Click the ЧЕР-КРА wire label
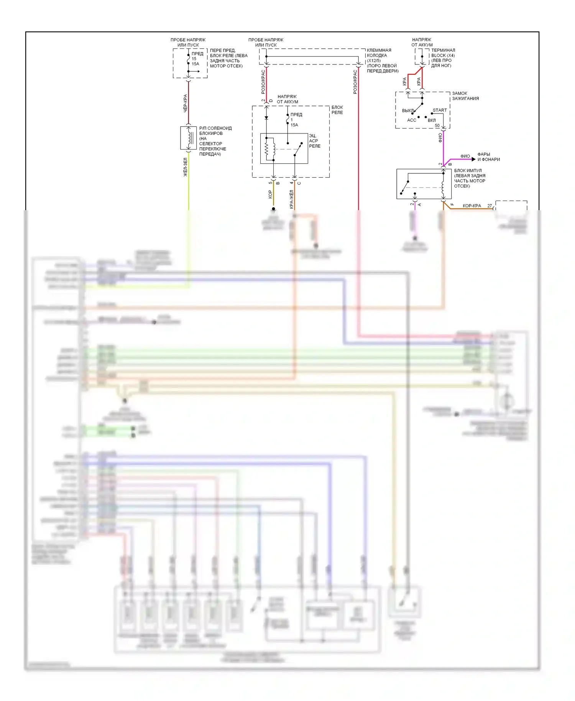(x=185, y=103)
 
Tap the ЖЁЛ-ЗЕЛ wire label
(x=185, y=167)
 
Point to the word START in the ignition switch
(x=440, y=110)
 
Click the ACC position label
(x=411, y=120)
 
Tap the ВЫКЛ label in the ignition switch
(x=408, y=111)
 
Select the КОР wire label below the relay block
(x=270, y=194)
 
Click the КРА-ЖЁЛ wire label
(x=292, y=199)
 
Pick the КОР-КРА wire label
(x=472, y=206)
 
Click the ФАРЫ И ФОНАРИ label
(x=488, y=157)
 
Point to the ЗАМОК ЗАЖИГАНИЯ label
(x=465, y=96)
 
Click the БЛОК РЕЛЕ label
(x=337, y=110)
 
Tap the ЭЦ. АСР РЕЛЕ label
(x=314, y=141)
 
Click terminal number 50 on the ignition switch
(x=437, y=126)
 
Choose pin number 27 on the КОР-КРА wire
(x=490, y=206)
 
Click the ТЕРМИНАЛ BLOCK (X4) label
(x=443, y=58)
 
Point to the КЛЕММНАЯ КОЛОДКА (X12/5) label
(x=382, y=61)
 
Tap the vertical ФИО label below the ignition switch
(x=440, y=138)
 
